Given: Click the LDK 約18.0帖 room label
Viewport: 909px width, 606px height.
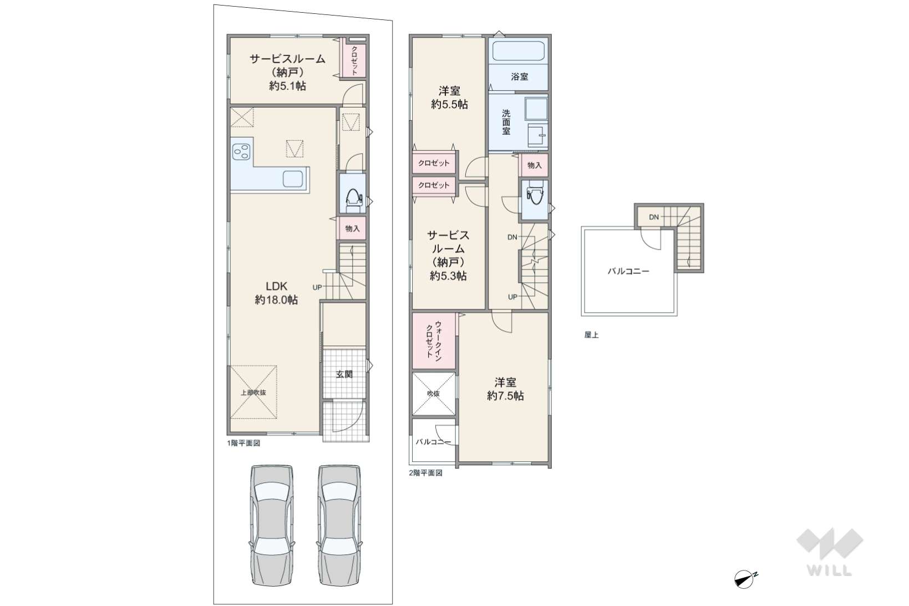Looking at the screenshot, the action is click(276, 293).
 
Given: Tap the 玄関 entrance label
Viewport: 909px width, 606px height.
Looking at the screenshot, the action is click(344, 374).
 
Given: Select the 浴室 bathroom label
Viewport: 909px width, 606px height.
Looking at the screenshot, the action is click(520, 77).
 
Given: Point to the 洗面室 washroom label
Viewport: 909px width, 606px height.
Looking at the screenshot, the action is click(506, 121).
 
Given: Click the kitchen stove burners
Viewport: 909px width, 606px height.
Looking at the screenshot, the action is click(241, 152).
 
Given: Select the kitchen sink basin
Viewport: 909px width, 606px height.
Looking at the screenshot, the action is click(293, 179).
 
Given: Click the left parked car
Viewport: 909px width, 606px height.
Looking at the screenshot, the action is click(272, 525).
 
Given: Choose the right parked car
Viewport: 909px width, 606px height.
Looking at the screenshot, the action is click(339, 525).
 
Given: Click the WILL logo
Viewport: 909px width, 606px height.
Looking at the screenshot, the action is click(829, 552).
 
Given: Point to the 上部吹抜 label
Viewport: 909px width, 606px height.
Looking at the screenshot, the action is click(253, 392).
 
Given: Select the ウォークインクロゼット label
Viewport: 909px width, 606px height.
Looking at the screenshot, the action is click(433, 340).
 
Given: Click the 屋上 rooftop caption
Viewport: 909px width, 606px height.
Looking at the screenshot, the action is click(591, 335).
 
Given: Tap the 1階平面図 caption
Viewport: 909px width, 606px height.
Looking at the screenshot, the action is click(243, 443).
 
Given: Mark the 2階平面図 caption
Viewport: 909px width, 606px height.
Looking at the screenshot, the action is click(426, 472).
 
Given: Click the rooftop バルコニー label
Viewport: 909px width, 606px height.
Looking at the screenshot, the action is click(628, 271).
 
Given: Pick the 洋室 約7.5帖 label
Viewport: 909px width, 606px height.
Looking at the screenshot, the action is click(505, 389).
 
